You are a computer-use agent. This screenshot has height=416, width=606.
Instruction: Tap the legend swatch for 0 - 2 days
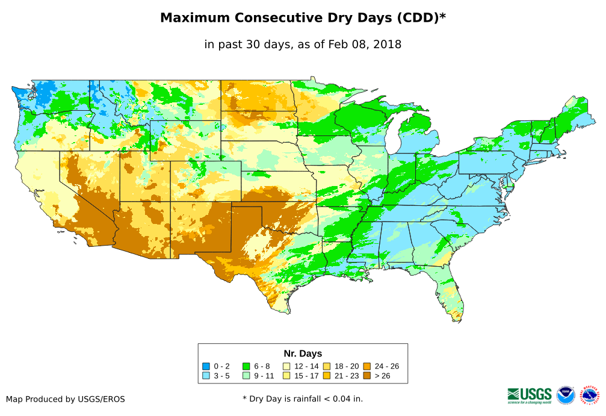pos(206,366)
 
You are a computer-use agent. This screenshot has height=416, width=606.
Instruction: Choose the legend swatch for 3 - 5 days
pos(206,376)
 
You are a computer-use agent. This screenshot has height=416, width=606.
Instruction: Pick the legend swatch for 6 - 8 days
pos(246,366)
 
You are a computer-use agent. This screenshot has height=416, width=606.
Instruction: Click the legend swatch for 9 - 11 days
pos(246,376)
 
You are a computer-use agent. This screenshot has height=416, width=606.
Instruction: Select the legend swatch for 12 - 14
pos(286,366)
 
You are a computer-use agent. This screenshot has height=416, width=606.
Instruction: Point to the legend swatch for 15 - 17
pos(286,376)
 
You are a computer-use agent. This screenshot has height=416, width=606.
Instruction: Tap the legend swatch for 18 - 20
pos(326,366)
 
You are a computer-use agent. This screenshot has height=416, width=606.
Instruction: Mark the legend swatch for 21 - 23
pos(326,376)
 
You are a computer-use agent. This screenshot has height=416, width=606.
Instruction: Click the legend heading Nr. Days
pos(303,353)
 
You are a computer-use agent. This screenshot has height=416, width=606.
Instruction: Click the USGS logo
pos(530,394)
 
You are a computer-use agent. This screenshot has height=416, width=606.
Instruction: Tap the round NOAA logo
pos(566,395)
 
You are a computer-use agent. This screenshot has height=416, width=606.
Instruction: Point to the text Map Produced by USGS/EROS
pos(66,399)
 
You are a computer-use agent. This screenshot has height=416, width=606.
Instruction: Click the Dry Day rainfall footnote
pos(303,399)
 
